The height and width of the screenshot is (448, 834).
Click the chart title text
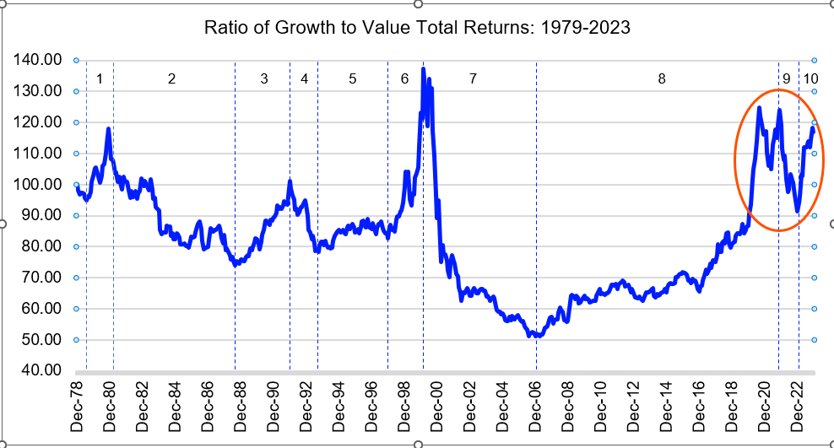coord(418,28)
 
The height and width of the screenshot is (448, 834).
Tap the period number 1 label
coord(100,79)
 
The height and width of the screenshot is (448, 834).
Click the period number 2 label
coord(171,79)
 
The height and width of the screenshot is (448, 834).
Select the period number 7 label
coord(473,79)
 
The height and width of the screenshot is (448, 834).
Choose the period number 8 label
coord(662,79)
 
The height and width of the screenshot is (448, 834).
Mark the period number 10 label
coord(810,79)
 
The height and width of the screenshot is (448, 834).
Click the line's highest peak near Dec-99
coord(423,69)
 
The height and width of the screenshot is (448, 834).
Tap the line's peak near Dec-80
coord(108,129)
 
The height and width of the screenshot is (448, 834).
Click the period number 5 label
coord(353,79)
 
